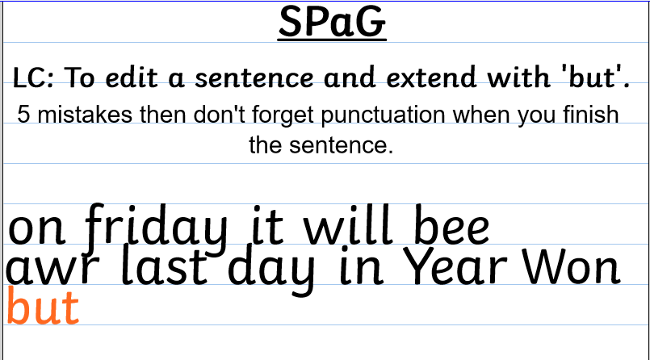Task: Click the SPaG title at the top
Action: pos(332,22)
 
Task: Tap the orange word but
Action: pos(43,306)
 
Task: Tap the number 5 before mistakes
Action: pos(23,115)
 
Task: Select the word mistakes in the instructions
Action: pos(85,115)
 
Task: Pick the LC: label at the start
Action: pos(33,77)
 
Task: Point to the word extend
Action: pos(431,77)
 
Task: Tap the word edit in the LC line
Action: pos(132,77)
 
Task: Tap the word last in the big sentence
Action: pos(165,266)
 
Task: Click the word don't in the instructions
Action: pos(220,115)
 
